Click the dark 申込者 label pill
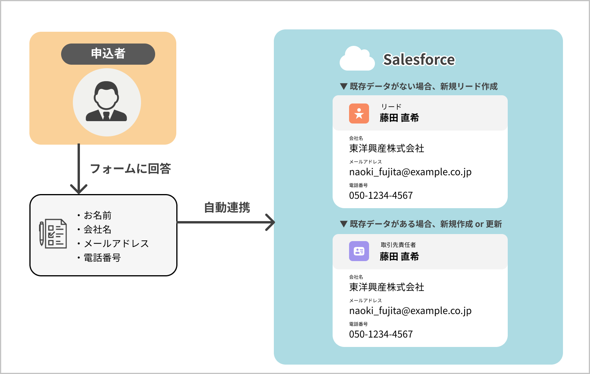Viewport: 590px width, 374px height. pos(108,54)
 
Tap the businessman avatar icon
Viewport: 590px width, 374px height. pos(107,102)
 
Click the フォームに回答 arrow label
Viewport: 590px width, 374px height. pos(130,169)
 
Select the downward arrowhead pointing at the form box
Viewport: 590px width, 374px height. pos(79,189)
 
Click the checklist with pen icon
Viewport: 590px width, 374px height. pos(53,234)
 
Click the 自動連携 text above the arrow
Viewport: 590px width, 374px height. pos(227,207)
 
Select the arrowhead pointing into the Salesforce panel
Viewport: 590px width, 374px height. pos(270,222)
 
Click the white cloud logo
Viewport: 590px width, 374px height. pos(357,59)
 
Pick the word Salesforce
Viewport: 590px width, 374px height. pos(419,60)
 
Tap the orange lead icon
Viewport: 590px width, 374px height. pos(359,113)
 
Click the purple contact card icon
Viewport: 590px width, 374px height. pos(359,251)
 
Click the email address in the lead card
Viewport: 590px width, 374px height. pos(410,172)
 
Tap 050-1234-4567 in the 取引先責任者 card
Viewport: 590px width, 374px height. pos(381,334)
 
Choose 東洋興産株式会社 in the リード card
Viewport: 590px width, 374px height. pos(386,148)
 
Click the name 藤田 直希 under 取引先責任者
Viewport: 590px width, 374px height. pos(399,256)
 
